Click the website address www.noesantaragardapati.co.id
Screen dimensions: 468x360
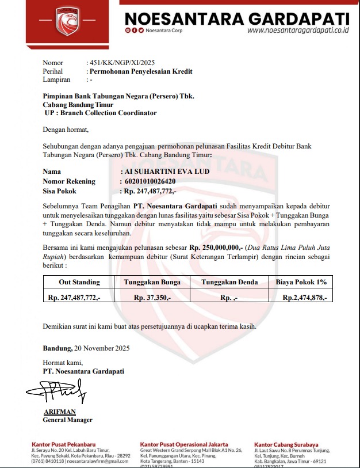(298, 31)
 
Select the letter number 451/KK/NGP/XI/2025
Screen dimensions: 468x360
(120, 63)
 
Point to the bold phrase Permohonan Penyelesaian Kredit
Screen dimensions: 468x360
(140, 71)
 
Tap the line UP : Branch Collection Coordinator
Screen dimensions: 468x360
(100, 113)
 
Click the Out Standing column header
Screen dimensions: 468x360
(79, 282)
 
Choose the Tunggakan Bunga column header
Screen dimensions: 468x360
(152, 282)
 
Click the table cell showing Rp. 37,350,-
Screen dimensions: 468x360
(152, 298)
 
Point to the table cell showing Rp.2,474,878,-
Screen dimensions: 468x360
(304, 298)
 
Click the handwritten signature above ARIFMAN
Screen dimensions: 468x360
(57, 393)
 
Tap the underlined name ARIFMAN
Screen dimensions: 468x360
(60, 412)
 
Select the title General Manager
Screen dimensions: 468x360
(67, 420)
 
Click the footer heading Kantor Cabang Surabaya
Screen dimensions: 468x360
(286, 444)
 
